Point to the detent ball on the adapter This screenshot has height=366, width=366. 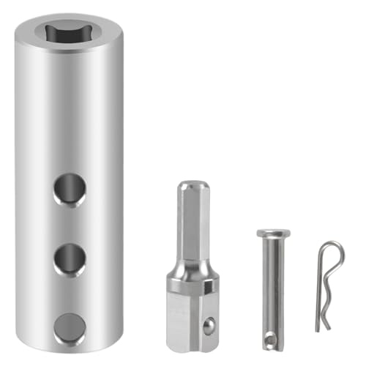point(210,323)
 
